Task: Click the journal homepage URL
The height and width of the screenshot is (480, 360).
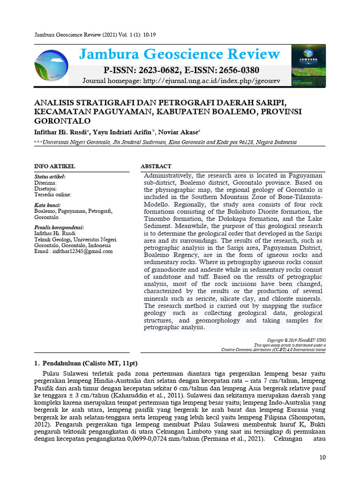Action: coord(210,81)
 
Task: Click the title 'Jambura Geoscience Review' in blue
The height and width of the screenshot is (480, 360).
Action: coord(180,54)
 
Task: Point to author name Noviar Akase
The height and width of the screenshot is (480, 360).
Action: coord(186,132)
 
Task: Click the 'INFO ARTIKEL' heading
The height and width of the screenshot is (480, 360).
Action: coord(55,166)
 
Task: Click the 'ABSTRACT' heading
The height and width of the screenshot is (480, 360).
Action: coord(156,166)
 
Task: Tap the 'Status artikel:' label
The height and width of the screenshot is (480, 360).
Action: coord(50,177)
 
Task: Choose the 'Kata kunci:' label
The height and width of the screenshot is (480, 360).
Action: coord(47,205)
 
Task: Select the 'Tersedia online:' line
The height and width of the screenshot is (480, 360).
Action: coord(52,194)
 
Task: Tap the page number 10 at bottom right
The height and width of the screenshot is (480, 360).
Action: coord(322,457)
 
